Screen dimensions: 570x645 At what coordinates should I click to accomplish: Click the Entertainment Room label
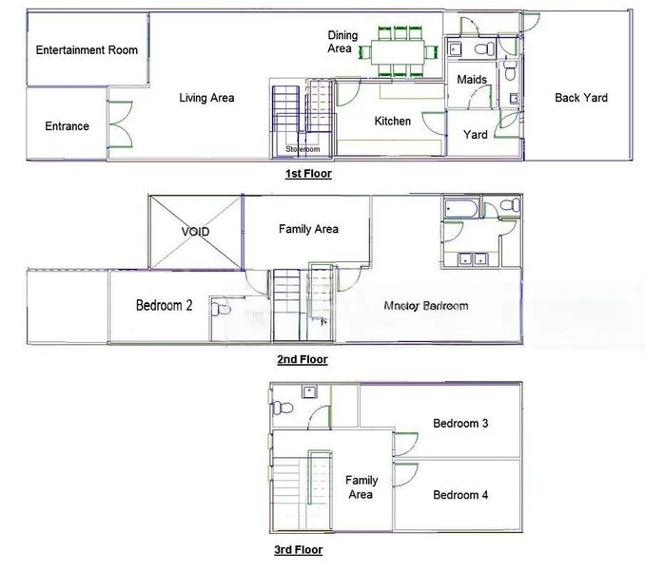point(87,50)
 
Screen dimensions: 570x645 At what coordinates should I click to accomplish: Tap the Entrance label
point(67,126)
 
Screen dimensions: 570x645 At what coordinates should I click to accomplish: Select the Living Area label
point(206,98)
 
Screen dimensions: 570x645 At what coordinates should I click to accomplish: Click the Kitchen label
point(392,121)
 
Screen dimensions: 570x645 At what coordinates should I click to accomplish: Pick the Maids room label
point(472,79)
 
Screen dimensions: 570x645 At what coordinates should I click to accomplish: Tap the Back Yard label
point(580,98)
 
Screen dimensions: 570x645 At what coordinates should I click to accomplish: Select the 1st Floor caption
point(308,175)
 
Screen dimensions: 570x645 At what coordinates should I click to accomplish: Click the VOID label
point(195,232)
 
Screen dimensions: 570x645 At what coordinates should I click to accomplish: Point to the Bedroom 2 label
point(164,306)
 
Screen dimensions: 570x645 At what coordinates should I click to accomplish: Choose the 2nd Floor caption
point(302,360)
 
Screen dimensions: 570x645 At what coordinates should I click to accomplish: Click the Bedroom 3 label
point(460,424)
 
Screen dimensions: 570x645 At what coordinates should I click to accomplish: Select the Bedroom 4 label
point(460,495)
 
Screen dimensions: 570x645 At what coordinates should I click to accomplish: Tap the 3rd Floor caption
point(298,550)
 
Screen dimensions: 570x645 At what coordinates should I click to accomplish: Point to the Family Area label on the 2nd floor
point(308,229)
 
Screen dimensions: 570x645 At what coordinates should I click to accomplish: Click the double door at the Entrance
point(119,123)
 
